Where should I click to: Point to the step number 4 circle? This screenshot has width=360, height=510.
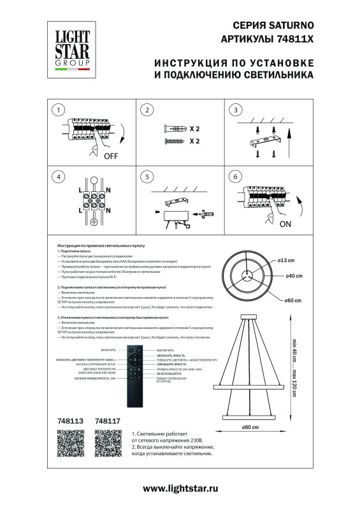pos(58,177)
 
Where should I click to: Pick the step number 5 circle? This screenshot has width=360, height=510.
pos(147,177)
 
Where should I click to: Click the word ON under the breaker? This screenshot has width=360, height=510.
pos(284,224)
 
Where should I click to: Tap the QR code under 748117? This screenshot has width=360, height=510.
pos(107,441)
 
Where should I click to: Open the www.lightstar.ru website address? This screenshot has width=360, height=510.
pos(180,488)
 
